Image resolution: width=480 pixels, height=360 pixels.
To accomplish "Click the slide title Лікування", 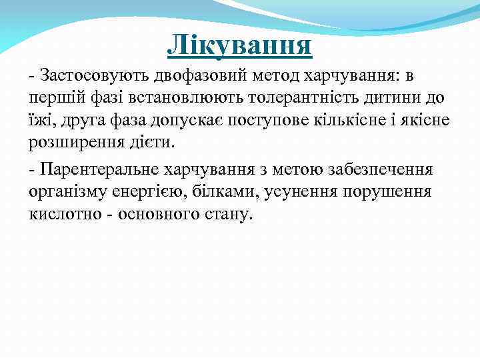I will pos(239,45).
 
